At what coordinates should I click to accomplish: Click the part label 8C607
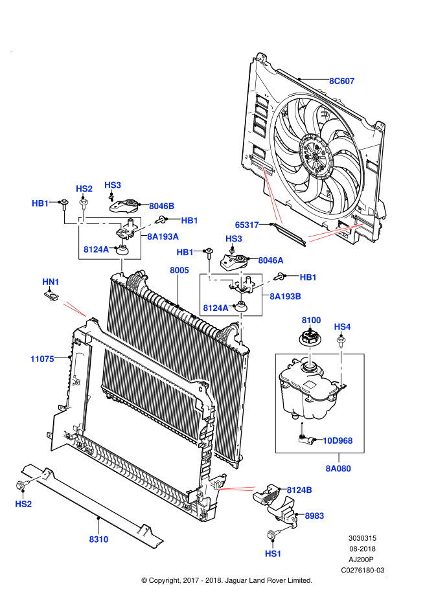341,81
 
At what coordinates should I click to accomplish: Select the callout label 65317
247,225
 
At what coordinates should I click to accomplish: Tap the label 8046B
161,206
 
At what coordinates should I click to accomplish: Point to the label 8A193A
163,236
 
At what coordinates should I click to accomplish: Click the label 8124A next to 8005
215,308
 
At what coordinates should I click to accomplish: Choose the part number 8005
179,270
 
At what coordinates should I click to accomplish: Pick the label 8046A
271,260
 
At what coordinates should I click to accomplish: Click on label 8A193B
285,297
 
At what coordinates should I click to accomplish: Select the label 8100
311,320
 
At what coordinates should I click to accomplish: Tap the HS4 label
342,326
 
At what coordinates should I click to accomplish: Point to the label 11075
42,359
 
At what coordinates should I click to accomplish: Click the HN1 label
51,282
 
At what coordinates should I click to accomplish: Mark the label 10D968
338,440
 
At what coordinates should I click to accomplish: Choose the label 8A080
338,468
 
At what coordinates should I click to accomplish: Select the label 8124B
299,490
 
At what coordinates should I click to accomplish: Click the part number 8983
314,516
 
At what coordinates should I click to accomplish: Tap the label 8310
98,539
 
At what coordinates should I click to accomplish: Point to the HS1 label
273,554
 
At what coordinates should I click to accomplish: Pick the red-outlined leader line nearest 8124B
236,489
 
